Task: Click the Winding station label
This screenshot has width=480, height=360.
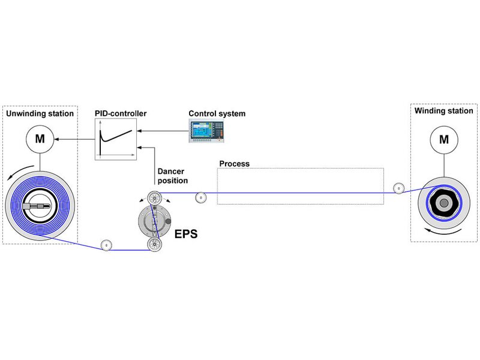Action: click(x=443, y=111)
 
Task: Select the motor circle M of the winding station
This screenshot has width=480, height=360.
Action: click(x=443, y=140)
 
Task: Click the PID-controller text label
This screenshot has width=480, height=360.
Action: click(x=121, y=113)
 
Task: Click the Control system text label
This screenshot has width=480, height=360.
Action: click(x=217, y=113)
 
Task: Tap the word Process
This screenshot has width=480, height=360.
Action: click(x=234, y=163)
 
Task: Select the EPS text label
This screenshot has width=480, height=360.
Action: click(x=185, y=235)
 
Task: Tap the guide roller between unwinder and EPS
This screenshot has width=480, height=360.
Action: click(x=106, y=245)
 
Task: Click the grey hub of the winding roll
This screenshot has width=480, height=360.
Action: click(x=443, y=203)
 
